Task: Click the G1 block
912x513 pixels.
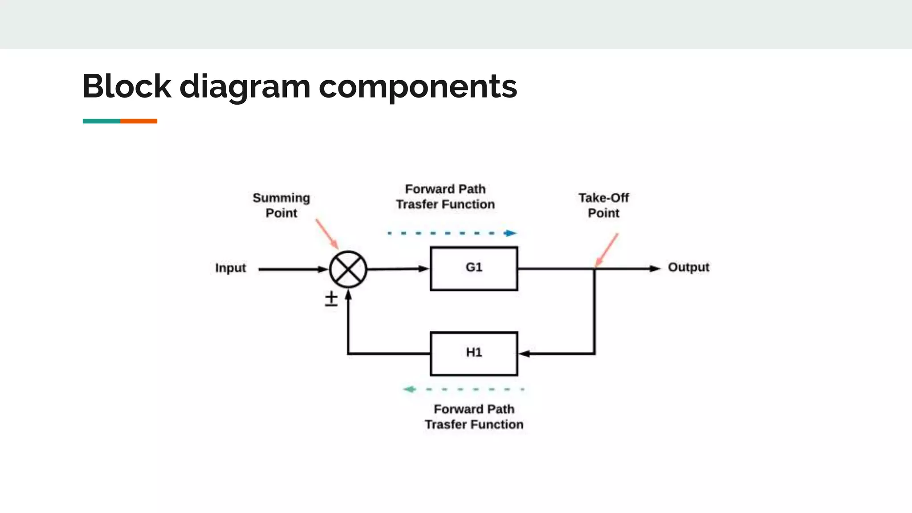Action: coord(474,269)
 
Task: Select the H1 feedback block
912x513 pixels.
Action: coord(474,354)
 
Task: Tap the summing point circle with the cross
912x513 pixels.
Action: coord(348,269)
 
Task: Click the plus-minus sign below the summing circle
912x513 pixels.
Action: coord(331,299)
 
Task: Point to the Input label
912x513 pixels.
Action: coord(230,268)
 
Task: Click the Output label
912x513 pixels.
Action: coord(688,267)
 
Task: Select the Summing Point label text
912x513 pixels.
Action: coord(281,205)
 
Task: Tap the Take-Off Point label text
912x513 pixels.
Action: coord(603,205)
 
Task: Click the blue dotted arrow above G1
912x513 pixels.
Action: coord(452,233)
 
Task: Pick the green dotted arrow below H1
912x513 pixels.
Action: coord(464,389)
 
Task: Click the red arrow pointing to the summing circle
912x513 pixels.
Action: coord(327,234)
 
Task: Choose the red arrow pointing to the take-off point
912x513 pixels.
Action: coord(607,250)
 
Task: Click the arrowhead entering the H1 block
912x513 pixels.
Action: coord(525,354)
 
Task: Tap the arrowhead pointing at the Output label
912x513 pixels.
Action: coord(655,269)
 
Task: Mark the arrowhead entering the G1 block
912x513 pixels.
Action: coord(423,269)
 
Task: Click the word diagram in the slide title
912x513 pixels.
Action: coord(244,86)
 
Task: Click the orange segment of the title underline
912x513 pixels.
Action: coord(138,121)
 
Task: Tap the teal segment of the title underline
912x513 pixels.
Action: coord(101,121)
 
